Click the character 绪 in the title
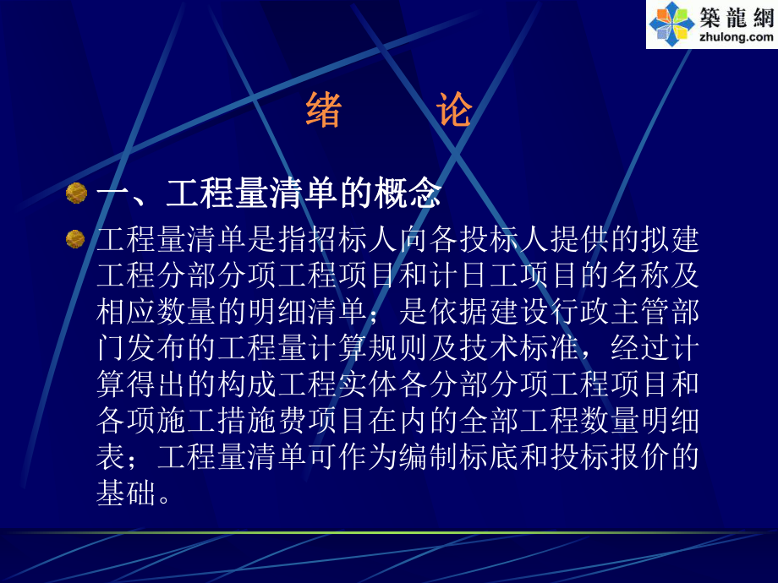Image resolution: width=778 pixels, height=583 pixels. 324,111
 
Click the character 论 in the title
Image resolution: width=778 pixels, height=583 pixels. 454,111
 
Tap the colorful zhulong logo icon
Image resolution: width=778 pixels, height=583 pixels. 671,24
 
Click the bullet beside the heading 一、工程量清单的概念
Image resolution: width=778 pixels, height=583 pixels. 76,193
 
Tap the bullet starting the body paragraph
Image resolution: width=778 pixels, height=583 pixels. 76,239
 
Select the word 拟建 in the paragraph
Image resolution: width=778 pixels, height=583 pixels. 666,240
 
